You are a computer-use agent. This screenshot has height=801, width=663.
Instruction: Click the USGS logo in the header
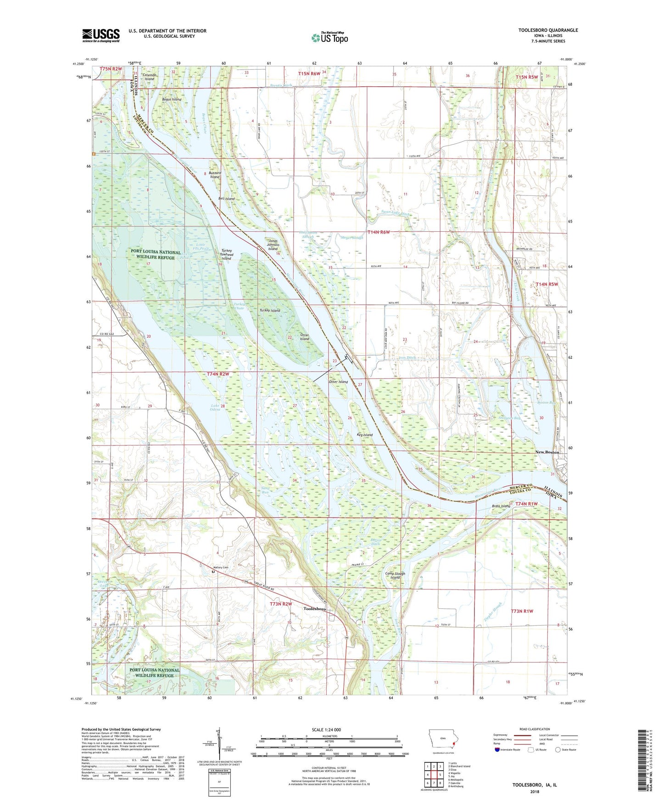101,35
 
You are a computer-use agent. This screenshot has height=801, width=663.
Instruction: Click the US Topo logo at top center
329,38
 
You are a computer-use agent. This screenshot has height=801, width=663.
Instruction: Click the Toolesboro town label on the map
315,609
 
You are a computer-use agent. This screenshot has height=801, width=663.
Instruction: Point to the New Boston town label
547,452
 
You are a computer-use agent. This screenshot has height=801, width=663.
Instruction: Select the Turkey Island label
269,311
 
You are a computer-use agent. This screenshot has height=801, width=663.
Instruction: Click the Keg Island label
365,434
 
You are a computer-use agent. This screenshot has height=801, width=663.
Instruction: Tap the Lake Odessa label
216,407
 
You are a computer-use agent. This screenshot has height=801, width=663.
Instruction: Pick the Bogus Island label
172,99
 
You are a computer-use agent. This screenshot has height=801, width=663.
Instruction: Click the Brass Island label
501,506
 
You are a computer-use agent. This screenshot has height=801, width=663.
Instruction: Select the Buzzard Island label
215,175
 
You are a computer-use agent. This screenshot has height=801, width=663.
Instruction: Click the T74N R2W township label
217,374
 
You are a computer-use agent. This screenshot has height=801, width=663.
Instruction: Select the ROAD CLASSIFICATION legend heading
535,729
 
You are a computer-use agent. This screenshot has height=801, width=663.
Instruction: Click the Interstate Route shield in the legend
497,750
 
